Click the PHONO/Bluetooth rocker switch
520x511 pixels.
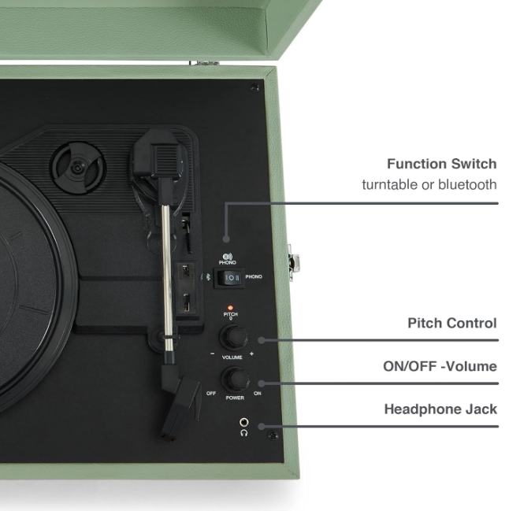click(232, 278)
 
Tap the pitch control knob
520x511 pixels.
click(232, 337)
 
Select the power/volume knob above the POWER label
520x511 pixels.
click(234, 380)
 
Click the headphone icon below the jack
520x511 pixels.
click(243, 434)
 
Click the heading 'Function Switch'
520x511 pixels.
click(441, 165)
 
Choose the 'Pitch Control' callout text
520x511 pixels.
click(451, 324)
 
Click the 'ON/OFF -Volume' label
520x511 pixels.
click(440, 366)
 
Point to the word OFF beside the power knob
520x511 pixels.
click(211, 393)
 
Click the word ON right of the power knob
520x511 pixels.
click(257, 393)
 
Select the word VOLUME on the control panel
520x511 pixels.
click(232, 357)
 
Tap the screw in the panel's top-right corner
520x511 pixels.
click(254, 87)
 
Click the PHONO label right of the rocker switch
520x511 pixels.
click(254, 278)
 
